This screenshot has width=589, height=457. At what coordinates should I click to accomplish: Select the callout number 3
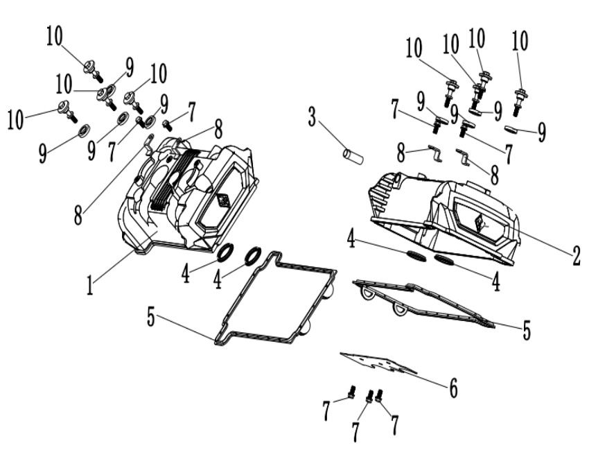coord(313,117)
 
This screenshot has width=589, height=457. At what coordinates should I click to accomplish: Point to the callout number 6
coord(452,388)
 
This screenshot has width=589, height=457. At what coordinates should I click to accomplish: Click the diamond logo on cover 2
coord(483,223)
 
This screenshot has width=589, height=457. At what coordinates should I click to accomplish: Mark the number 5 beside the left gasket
coord(152,318)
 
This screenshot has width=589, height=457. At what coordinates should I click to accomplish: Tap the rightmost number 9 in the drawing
coord(541,131)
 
